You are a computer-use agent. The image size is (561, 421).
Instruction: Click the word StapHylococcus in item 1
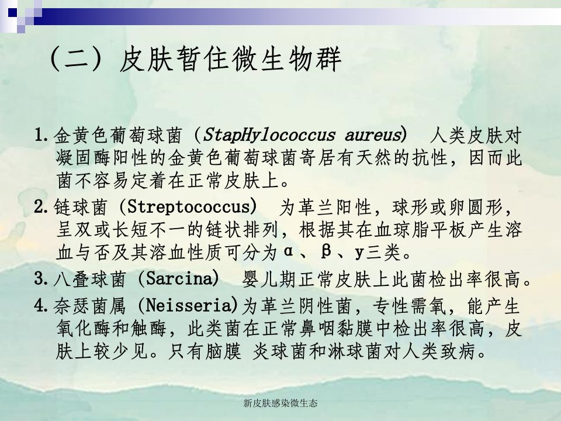pyautogui.click(x=269, y=135)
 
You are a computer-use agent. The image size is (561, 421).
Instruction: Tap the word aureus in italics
pyautogui.click(x=373, y=135)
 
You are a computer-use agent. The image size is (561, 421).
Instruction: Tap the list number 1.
pyautogui.click(x=41, y=136)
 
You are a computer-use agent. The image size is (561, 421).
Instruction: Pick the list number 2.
pyautogui.click(x=41, y=207)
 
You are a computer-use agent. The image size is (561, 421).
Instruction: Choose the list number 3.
pyautogui.click(x=41, y=278)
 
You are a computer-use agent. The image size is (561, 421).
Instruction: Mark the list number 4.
pyautogui.click(x=41, y=306)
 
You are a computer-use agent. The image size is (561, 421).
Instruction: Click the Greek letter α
pyautogui.click(x=288, y=251)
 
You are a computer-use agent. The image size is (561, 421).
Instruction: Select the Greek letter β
pyautogui.click(x=325, y=251)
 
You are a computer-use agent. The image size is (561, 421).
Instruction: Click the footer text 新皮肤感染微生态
pyautogui.click(x=280, y=403)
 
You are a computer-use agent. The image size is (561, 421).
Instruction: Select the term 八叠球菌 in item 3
pyautogui.click(x=90, y=279)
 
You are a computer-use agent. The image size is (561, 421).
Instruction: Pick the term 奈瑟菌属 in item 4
pyautogui.click(x=90, y=306)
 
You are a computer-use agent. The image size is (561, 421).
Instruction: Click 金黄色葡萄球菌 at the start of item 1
pyautogui.click(x=117, y=136)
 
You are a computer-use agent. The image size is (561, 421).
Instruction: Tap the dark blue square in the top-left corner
pyautogui.click(x=12, y=12)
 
